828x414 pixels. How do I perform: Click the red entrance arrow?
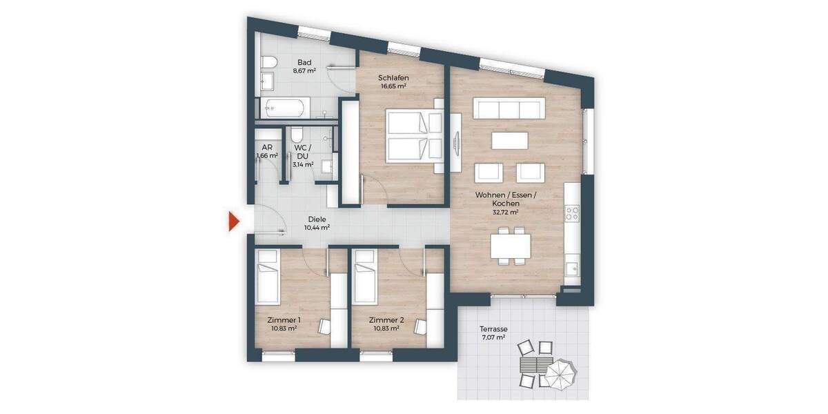(234, 221)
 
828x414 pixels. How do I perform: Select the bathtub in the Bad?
(284, 108)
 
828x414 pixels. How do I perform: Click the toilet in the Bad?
(270, 63)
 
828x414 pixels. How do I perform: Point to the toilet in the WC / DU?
(297, 134)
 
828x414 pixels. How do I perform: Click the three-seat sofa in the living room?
(508, 108)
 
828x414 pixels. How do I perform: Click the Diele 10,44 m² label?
(317, 222)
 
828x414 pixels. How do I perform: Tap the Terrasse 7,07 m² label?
(493, 333)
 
